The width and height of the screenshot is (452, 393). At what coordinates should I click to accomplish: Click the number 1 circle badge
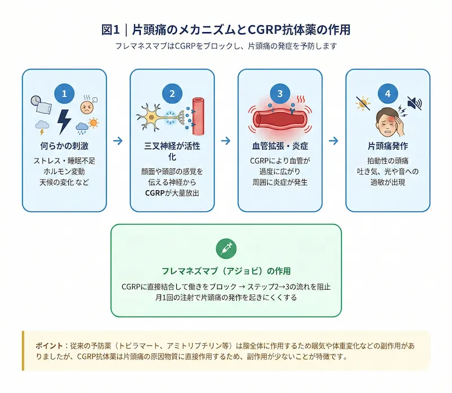pyautogui.click(x=64, y=93)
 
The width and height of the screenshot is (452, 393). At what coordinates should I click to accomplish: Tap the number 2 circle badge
pyautogui.click(x=172, y=93)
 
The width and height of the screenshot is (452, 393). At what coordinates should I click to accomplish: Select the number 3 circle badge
pyautogui.click(x=280, y=93)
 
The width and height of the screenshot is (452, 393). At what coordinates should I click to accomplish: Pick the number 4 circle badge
pyautogui.click(x=388, y=93)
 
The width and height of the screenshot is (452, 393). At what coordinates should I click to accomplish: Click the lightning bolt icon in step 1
pyautogui.click(x=64, y=120)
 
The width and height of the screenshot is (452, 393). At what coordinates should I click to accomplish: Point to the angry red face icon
pyautogui.click(x=86, y=106)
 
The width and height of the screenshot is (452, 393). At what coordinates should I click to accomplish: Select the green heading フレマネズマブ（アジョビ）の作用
pyautogui.click(x=226, y=270)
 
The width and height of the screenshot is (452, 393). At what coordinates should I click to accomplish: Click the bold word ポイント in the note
pyautogui.click(x=49, y=345)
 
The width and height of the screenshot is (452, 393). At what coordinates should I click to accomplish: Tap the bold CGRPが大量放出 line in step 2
pyautogui.click(x=172, y=193)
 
